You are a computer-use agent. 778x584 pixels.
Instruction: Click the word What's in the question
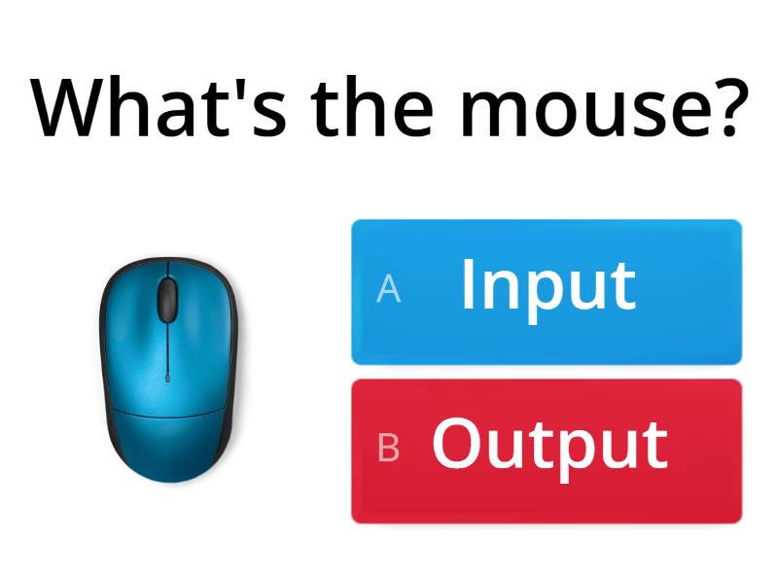(x=159, y=106)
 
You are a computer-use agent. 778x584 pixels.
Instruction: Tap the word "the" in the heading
(x=372, y=106)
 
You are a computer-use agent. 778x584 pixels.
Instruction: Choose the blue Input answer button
(x=547, y=292)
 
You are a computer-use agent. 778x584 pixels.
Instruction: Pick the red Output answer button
(x=547, y=451)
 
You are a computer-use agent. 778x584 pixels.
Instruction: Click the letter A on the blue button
(x=388, y=288)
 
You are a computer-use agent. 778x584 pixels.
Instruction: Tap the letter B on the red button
(x=388, y=448)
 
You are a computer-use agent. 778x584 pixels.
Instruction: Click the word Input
(x=548, y=290)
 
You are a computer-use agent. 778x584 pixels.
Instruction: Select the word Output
(x=549, y=449)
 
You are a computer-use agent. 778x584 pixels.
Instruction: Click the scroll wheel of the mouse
(x=167, y=301)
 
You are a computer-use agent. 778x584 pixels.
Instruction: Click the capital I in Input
(x=467, y=283)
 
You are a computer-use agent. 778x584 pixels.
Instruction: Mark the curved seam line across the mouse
(x=167, y=414)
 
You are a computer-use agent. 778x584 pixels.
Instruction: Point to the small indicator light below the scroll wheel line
(x=167, y=378)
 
